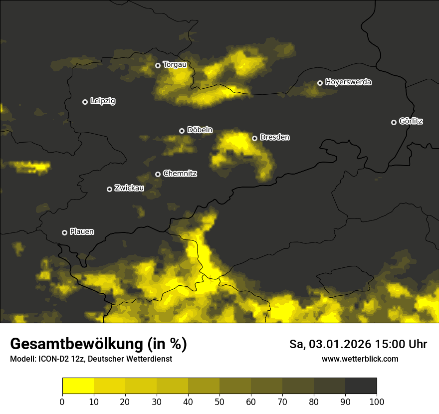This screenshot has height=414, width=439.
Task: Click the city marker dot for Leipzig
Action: point(85,102)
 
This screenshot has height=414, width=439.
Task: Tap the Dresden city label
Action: point(274,137)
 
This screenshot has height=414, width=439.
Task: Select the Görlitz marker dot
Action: point(394,122)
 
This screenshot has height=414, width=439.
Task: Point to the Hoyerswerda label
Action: point(348,82)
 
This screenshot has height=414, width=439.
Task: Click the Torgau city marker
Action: point(158,65)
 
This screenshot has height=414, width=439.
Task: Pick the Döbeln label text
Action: point(200,130)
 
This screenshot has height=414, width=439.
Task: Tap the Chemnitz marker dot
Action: point(158,174)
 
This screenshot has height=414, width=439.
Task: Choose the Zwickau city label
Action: point(129,188)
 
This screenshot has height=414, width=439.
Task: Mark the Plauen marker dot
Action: point(64,232)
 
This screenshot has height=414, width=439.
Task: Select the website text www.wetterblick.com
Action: point(360,359)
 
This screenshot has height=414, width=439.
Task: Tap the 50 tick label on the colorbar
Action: point(219,402)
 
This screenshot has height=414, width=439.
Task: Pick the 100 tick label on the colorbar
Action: point(376,402)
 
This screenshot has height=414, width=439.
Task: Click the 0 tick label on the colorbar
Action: point(62,402)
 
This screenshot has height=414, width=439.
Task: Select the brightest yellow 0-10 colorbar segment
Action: point(78,386)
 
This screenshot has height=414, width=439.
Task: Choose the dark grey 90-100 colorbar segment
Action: point(361,386)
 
